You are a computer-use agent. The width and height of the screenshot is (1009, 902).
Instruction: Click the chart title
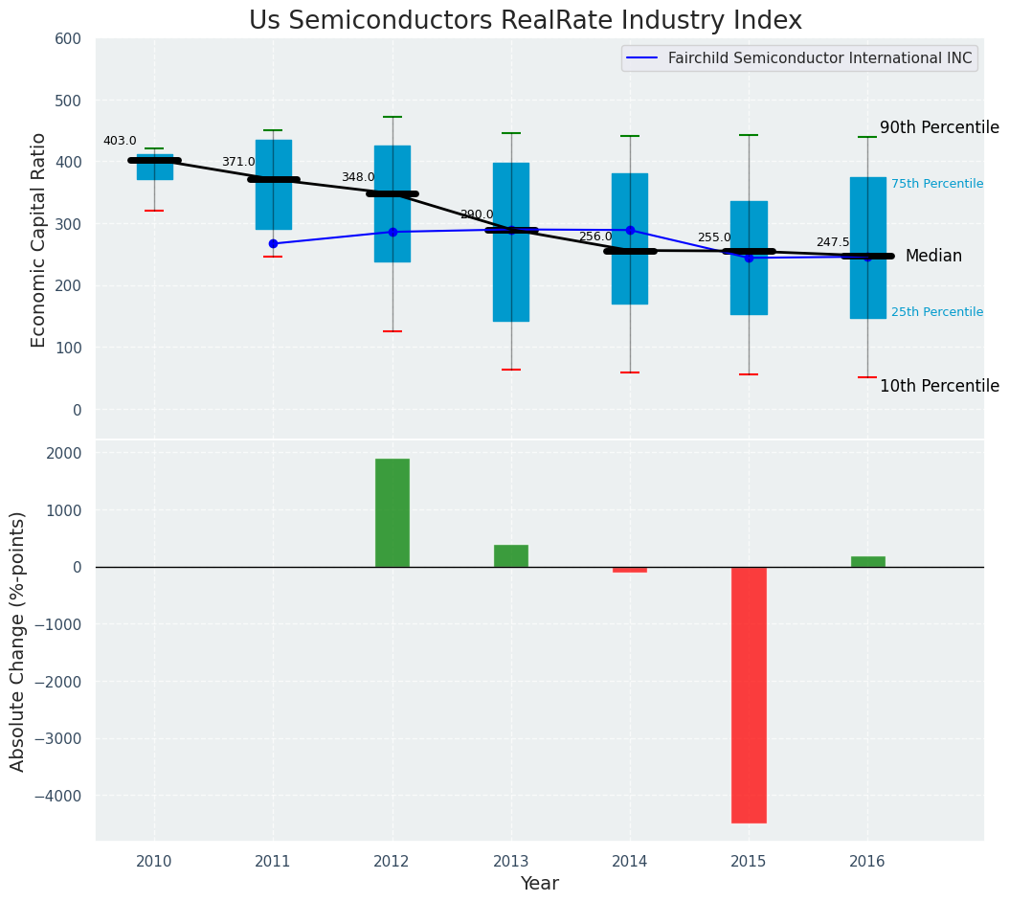point(525,21)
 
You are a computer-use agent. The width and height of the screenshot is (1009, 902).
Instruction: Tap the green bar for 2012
point(392,512)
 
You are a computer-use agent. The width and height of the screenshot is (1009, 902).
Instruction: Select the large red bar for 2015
point(749,694)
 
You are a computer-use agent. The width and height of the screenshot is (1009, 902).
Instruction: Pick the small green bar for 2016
point(867,562)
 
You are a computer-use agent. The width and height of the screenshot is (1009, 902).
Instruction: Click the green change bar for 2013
point(511,556)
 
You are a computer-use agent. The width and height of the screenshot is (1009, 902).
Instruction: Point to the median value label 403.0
point(120,141)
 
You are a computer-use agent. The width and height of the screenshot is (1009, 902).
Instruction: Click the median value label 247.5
point(833,242)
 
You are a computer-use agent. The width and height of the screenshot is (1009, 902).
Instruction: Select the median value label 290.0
point(477,214)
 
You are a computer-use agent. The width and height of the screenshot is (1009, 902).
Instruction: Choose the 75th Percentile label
point(937,184)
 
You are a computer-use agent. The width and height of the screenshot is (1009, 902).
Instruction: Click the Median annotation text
point(933,257)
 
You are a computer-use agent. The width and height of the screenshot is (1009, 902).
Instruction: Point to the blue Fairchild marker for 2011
point(273,244)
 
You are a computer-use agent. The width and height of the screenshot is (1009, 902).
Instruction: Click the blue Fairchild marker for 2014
point(630,230)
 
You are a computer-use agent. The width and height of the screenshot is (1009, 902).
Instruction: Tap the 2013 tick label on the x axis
point(511,862)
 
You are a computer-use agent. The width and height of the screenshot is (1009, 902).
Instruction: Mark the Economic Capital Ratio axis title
point(39,239)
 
